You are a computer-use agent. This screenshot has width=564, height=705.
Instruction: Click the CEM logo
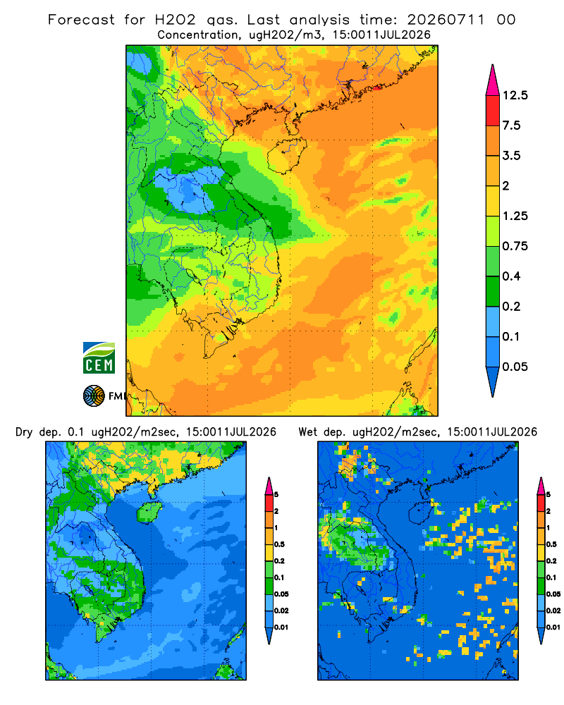click(x=99, y=358)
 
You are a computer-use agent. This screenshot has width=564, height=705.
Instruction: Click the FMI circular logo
click(x=94, y=396)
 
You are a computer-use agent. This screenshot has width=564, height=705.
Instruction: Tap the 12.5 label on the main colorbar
click(x=515, y=95)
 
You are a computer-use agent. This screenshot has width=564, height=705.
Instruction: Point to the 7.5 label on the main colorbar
click(x=511, y=125)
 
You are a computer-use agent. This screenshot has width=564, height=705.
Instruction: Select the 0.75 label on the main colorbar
click(x=515, y=246)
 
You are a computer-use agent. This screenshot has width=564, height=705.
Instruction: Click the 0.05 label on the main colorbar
click(x=515, y=367)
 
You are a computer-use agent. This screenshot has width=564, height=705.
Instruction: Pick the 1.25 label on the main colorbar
click(x=515, y=216)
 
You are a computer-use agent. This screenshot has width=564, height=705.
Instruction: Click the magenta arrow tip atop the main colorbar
click(x=493, y=66)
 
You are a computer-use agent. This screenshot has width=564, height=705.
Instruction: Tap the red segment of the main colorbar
click(x=493, y=111)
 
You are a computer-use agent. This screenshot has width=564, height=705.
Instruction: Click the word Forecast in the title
click(x=81, y=20)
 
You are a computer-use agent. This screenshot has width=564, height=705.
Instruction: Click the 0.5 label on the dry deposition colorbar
click(x=279, y=544)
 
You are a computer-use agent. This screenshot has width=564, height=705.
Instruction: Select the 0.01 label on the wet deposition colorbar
click(x=553, y=627)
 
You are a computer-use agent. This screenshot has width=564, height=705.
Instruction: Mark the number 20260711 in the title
click(x=446, y=20)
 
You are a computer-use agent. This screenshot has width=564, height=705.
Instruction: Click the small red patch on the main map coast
click(x=377, y=87)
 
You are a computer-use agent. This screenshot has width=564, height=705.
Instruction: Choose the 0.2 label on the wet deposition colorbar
click(x=552, y=561)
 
